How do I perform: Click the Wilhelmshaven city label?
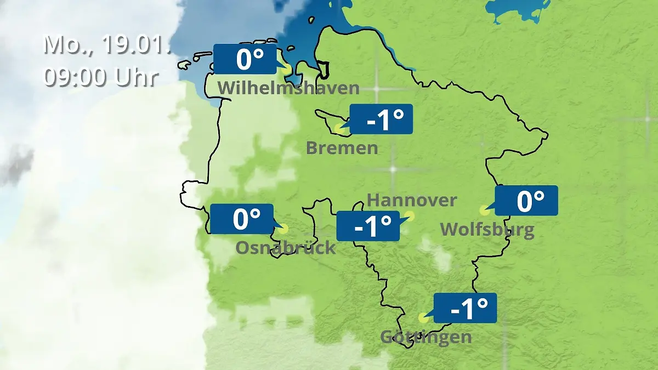288,88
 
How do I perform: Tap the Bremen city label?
342,147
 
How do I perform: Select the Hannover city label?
411,200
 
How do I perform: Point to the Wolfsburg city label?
487,229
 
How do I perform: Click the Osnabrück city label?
285,248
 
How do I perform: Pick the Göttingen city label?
426,337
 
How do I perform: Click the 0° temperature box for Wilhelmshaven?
245,59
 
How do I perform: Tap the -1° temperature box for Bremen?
381,119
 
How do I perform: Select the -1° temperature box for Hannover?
367,226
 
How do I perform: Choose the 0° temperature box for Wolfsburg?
526,201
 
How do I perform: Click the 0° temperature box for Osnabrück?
241,219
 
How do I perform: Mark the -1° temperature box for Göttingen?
465,308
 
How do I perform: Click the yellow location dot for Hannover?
409,216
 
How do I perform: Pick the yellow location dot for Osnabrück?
283,229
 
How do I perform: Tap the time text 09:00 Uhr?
101,77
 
